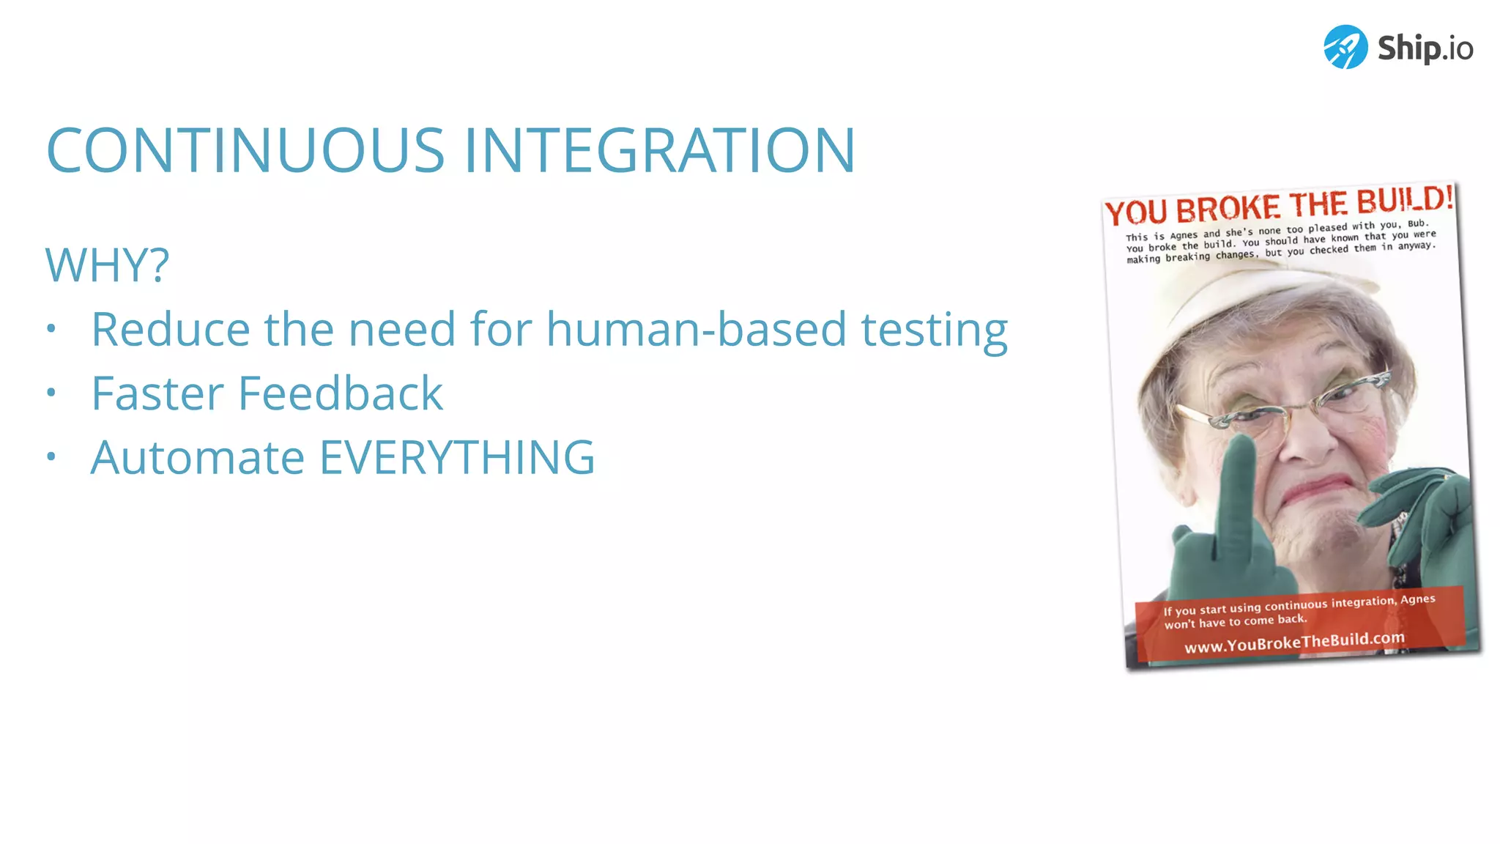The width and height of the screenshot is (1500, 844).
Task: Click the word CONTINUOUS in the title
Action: click(x=245, y=150)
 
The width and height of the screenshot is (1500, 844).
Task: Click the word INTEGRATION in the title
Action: click(x=659, y=150)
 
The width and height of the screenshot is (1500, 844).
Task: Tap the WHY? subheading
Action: click(x=107, y=264)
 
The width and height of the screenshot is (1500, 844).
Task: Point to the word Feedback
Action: click(x=341, y=393)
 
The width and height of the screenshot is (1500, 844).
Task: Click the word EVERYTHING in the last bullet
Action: click(x=457, y=458)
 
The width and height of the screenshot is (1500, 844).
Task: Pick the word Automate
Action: click(x=198, y=458)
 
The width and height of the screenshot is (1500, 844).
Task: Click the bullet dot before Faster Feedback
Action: click(x=51, y=393)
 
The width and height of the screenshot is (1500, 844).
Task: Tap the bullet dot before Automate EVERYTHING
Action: click(x=51, y=456)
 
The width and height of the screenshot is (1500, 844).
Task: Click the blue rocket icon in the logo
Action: click(x=1345, y=47)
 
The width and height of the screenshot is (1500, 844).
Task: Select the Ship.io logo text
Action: click(x=1425, y=48)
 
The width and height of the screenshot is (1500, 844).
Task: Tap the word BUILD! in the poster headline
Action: click(x=1405, y=199)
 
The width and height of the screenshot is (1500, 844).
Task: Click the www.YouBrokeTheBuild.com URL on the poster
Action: click(x=1294, y=642)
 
